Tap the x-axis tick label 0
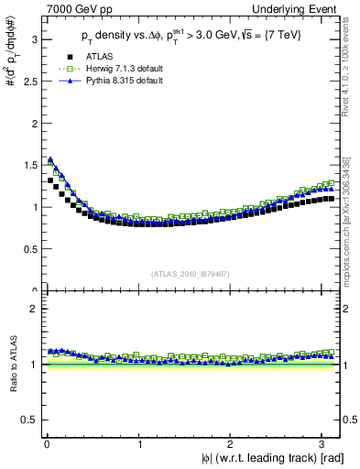pos(45,444)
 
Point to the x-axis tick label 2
pos(233,444)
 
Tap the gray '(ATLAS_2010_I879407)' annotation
pos(191,272)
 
